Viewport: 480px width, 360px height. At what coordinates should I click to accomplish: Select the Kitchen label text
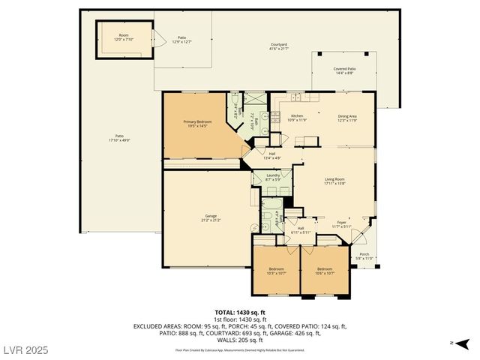click(x=296, y=118)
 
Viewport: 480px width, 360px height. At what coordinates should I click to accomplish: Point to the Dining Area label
click(x=346, y=118)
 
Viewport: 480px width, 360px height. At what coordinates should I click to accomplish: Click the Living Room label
click(x=334, y=181)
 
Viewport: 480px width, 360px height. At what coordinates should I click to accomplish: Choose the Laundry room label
click(x=273, y=177)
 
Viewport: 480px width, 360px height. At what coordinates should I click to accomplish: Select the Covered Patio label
click(x=345, y=70)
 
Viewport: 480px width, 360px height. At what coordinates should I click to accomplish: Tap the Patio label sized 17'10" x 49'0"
click(x=119, y=138)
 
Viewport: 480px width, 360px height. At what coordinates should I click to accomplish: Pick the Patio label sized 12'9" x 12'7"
click(x=181, y=39)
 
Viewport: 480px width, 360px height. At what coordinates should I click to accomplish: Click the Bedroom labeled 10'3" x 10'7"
click(x=276, y=271)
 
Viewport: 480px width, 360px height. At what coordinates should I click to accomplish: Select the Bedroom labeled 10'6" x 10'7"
click(x=324, y=271)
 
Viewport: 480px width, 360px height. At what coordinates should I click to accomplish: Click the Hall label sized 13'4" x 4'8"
click(x=271, y=155)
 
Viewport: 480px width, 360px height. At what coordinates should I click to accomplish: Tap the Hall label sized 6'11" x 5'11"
click(x=300, y=230)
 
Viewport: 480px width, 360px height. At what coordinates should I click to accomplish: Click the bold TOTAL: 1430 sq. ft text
click(x=240, y=312)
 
